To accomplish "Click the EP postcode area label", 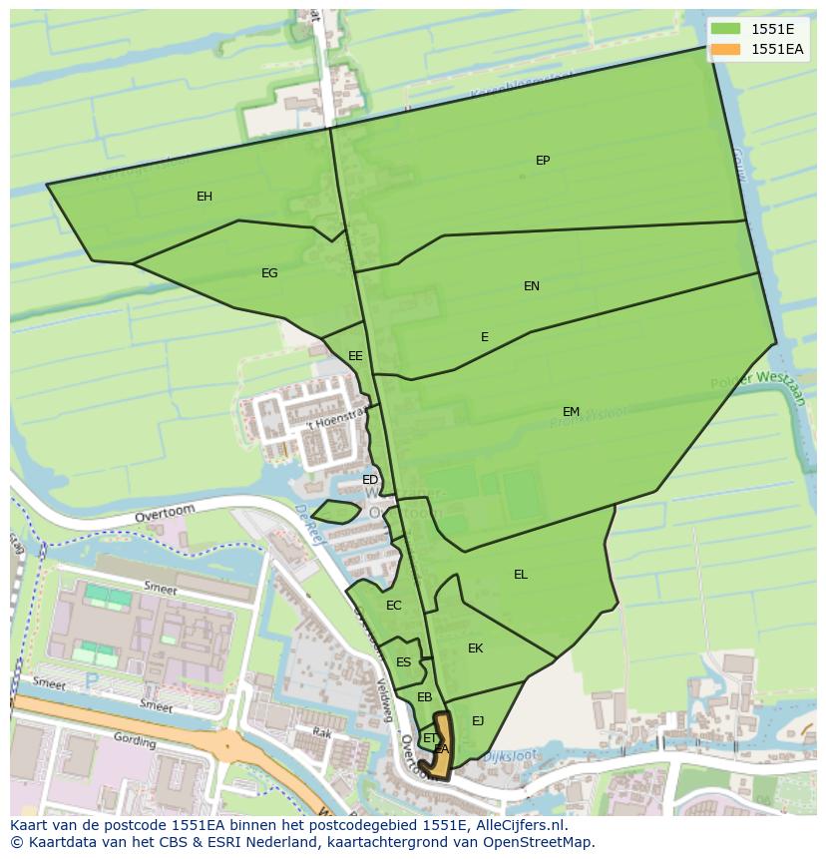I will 543,161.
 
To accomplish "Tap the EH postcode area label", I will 205,197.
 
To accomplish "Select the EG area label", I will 269,273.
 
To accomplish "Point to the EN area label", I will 532,286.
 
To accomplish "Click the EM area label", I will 571,412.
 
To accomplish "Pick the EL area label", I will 521,575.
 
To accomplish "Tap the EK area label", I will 476,648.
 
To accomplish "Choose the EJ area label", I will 478,721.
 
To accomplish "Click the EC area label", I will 394,606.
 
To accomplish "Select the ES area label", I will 403,662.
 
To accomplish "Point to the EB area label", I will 424,697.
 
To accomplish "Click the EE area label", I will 355,356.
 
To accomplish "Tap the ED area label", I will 370,480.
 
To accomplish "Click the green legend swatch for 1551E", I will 726,29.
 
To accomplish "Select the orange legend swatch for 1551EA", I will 726,49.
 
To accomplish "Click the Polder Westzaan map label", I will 757,384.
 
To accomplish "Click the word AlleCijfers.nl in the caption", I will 518,826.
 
